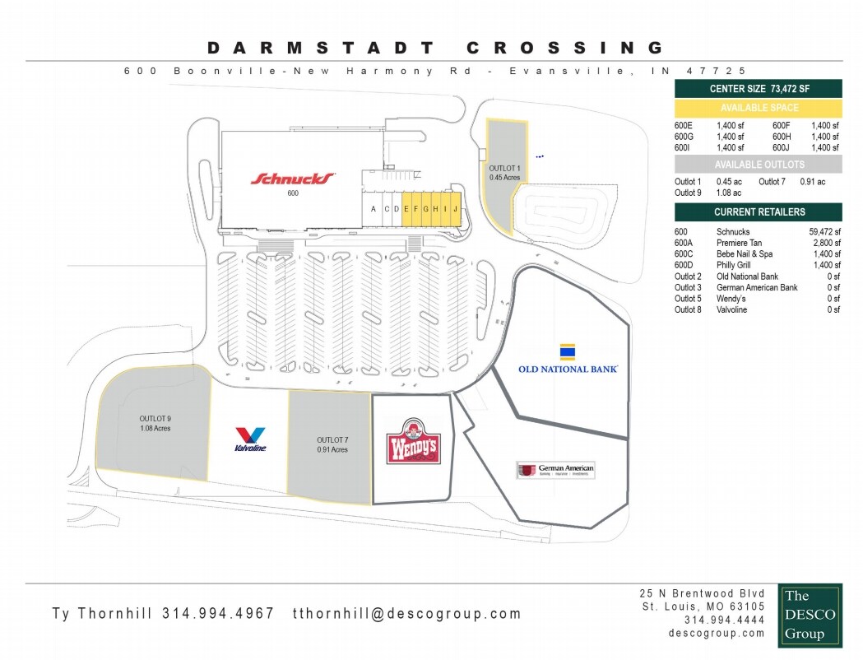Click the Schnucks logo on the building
tap(293, 179)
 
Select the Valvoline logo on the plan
tap(249, 439)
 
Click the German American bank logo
tap(555, 470)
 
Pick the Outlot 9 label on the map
tap(155, 423)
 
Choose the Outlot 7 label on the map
tap(332, 444)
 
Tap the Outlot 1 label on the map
tap(505, 171)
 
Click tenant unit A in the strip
tap(374, 209)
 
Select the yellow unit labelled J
tap(454, 209)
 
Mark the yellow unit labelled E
tap(406, 209)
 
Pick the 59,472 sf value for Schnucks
tap(824, 232)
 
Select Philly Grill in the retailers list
tap(735, 265)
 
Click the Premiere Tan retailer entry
tap(739, 243)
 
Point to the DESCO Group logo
tap(810, 615)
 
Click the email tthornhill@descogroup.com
tap(407, 613)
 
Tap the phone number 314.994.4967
tap(218, 613)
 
